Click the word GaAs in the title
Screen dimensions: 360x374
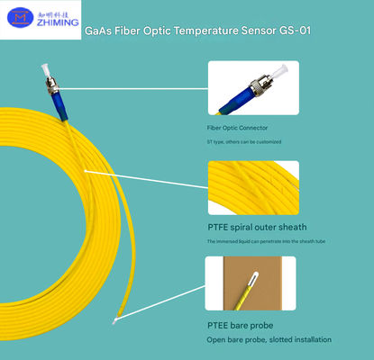point(97,31)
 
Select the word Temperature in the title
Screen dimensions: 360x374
point(205,31)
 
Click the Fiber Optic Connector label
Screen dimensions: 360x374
point(236,129)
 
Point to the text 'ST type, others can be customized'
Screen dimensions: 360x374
point(243,141)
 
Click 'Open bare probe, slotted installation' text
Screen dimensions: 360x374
point(269,338)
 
